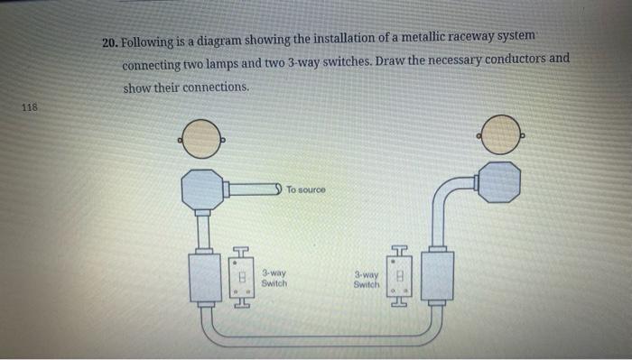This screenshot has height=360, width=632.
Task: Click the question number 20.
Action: point(109,42)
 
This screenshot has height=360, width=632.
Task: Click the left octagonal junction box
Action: point(203,189)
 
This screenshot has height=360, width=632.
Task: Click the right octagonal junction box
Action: point(498,183)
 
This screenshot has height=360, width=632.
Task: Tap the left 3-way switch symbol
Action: point(240,277)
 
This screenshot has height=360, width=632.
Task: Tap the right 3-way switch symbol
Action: point(402,275)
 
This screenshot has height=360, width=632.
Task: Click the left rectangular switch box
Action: point(205,278)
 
